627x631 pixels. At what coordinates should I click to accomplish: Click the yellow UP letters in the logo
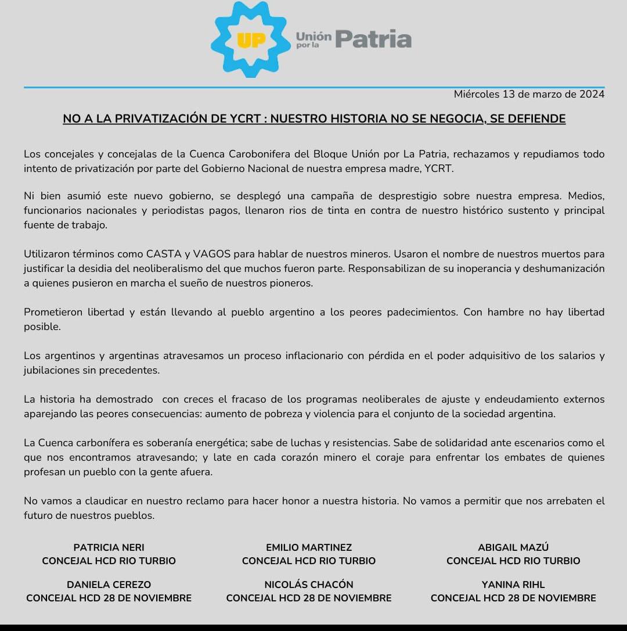[x=251, y=41]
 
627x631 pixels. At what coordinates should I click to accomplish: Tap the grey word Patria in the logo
[x=373, y=40]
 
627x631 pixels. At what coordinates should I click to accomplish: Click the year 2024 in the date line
[x=592, y=94]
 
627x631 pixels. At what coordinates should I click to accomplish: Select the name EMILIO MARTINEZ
[x=309, y=547]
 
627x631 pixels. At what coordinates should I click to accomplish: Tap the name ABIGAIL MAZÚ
[x=513, y=547]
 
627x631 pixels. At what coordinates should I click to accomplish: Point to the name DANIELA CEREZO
[x=109, y=585]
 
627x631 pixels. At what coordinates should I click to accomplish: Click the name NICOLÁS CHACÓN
[x=309, y=585]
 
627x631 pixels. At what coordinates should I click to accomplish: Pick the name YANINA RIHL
[x=513, y=585]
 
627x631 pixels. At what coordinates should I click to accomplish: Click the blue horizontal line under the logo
[x=313, y=87]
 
